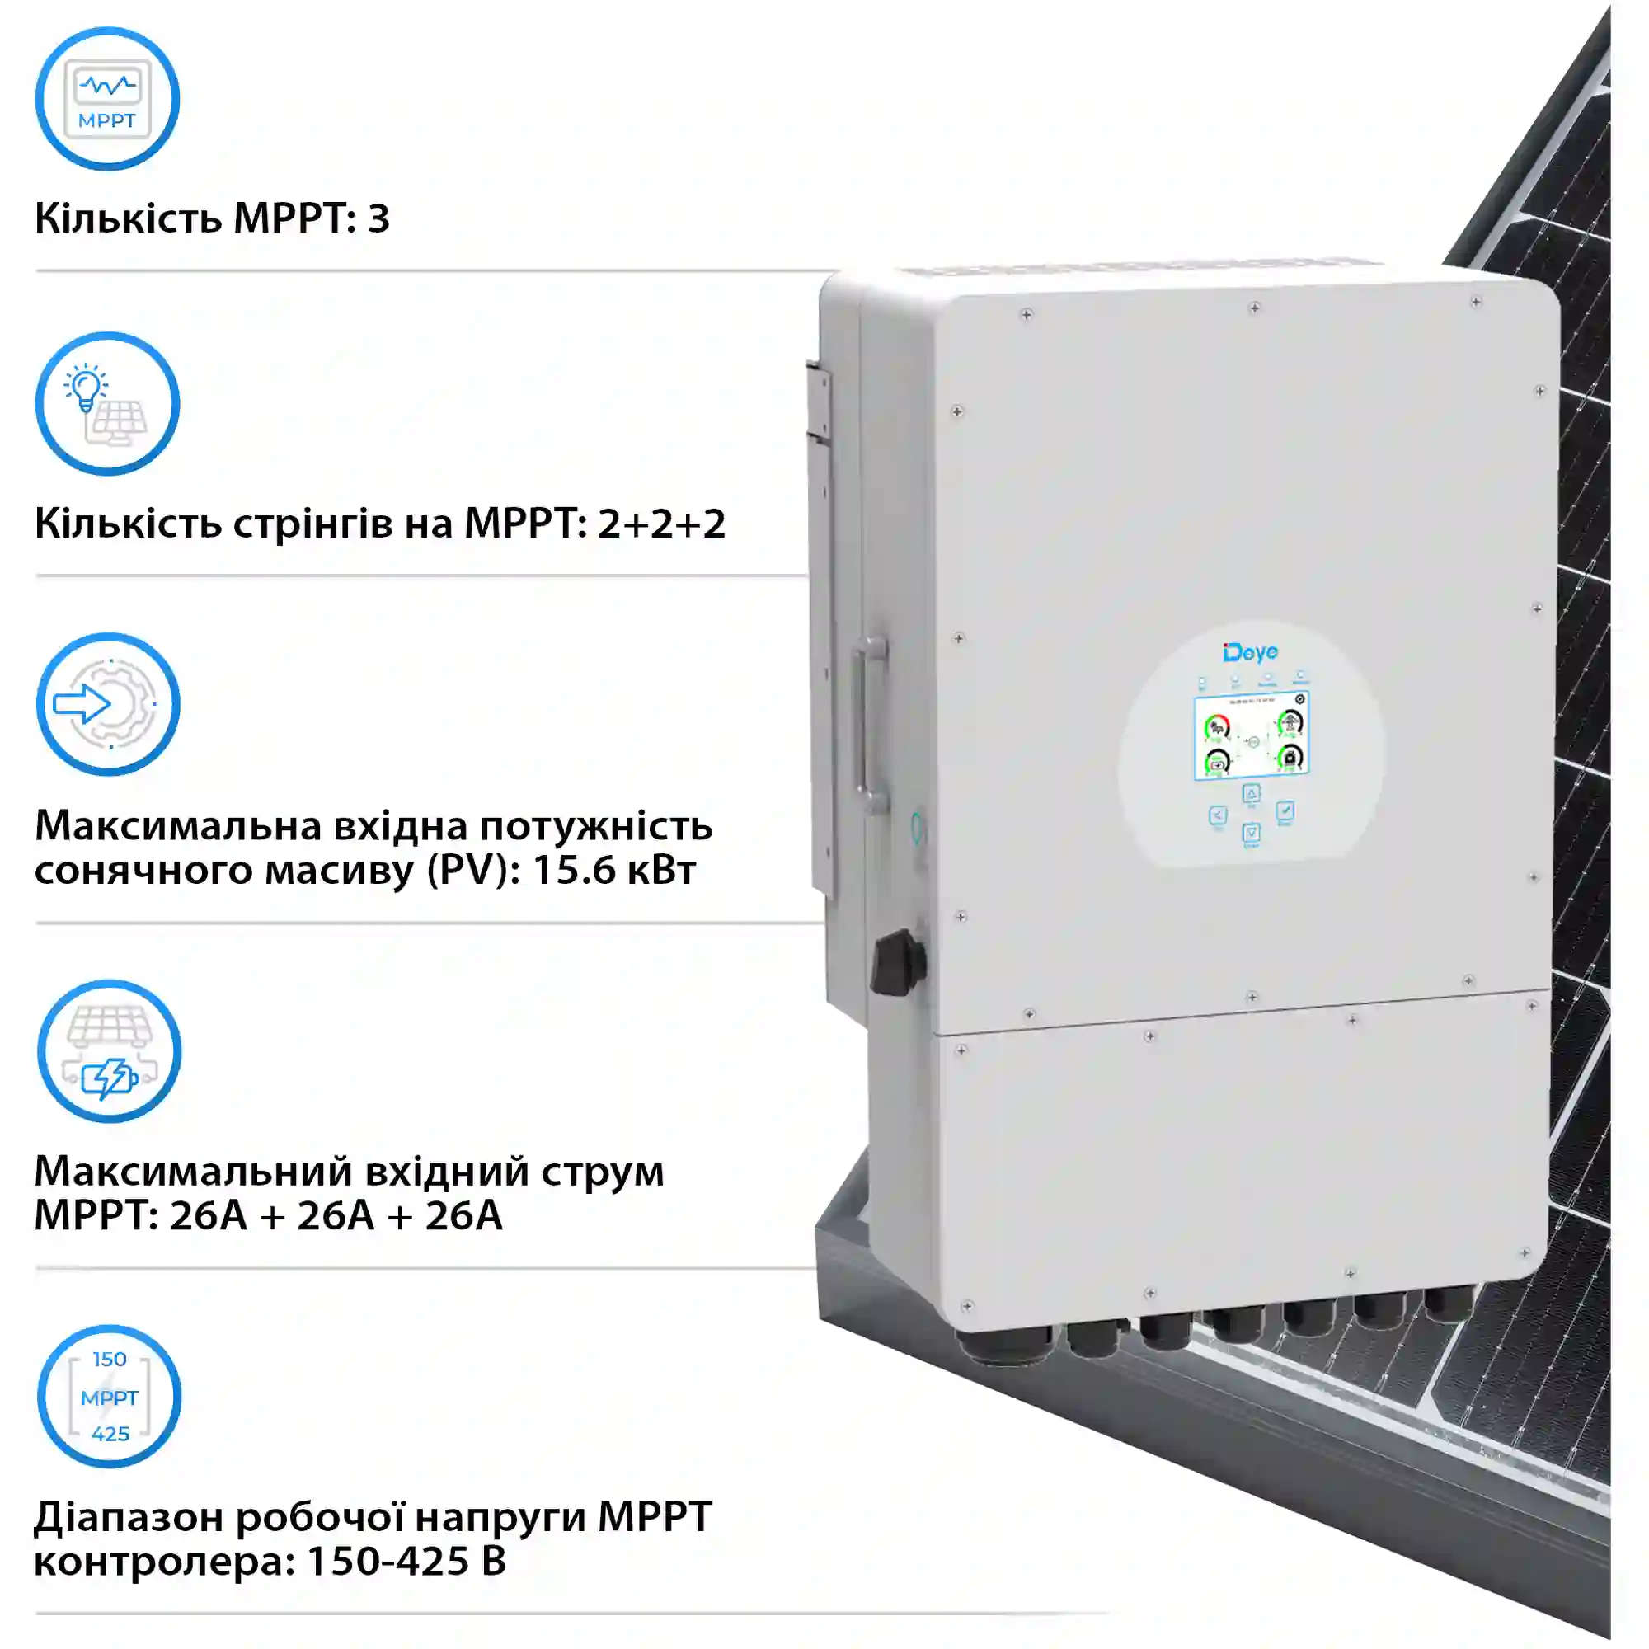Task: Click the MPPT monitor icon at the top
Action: pyautogui.click(x=107, y=99)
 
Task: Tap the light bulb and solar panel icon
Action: pyautogui.click(x=107, y=404)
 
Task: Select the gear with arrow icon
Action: pyautogui.click(x=108, y=704)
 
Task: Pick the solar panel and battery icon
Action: pyautogui.click(x=110, y=1050)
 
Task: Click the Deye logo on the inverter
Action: pyautogui.click(x=1251, y=653)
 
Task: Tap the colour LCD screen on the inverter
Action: pyautogui.click(x=1252, y=735)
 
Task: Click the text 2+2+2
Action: pyautogui.click(x=661, y=524)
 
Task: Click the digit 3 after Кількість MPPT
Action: pyautogui.click(x=379, y=218)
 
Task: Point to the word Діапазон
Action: pyautogui.click(x=128, y=1517)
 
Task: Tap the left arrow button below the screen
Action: pyautogui.click(x=1218, y=815)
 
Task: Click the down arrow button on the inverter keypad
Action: pyautogui.click(x=1252, y=832)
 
